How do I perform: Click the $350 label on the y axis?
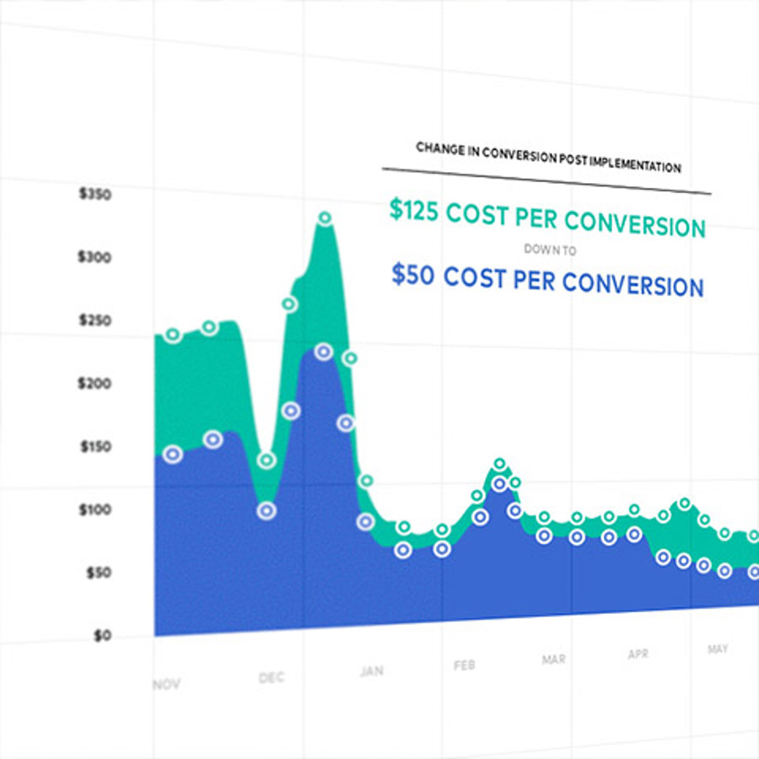pos(94,194)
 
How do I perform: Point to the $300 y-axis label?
pos(94,257)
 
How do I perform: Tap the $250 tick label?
pos(94,320)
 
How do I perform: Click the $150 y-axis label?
pos(94,447)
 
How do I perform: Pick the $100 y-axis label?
pos(94,510)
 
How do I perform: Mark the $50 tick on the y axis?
pos(98,573)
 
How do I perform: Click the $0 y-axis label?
pos(101,636)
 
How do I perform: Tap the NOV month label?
pos(166,684)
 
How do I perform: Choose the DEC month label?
pos(272,678)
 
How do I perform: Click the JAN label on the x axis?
pos(372,671)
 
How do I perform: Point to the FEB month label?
pos(464,665)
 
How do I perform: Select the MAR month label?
pos(554,659)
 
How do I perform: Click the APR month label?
pos(638,654)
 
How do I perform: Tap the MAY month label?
pos(718,649)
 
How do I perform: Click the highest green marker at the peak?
pos(325,218)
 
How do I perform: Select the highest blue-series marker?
pos(323,352)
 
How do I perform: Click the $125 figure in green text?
pos(414,211)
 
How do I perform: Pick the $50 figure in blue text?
pos(414,274)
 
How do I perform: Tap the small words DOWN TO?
pos(550,250)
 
